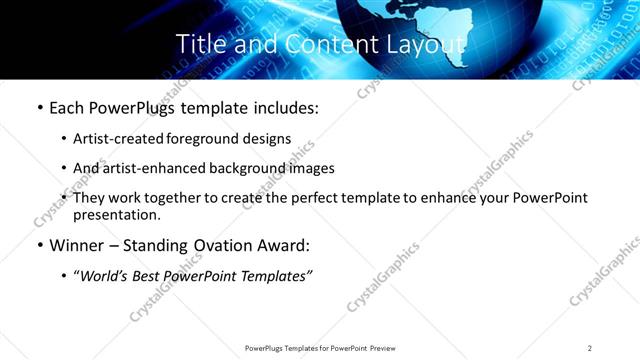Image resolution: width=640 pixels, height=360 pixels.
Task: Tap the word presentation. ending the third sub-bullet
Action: pyautogui.click(x=116, y=215)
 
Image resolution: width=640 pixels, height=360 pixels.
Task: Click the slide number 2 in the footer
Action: pyautogui.click(x=590, y=347)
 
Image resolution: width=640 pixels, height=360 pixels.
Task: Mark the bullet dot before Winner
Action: pyautogui.click(x=39, y=246)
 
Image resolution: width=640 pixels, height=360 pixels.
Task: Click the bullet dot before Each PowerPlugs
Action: pyautogui.click(x=39, y=108)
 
